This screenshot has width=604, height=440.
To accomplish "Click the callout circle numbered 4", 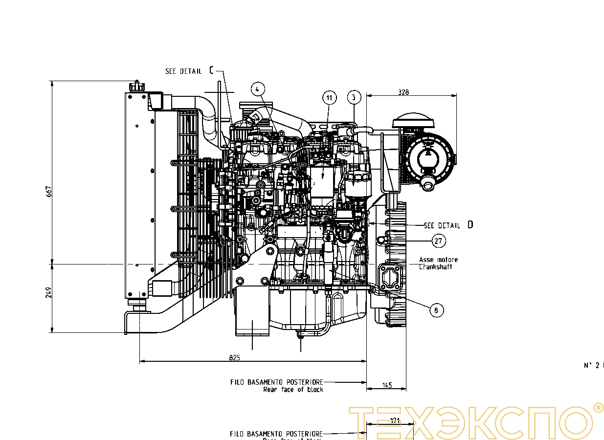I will click(x=258, y=89).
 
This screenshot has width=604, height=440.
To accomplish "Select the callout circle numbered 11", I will click(x=330, y=98).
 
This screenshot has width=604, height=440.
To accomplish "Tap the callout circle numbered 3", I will click(x=354, y=97).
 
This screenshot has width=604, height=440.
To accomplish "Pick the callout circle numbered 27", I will click(x=439, y=241).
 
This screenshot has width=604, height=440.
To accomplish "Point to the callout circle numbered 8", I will click(x=437, y=310).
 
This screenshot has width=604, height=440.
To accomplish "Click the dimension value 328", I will click(x=403, y=91).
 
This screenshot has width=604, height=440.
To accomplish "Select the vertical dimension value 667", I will click(x=48, y=191).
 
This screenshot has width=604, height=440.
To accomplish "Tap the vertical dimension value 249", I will click(x=48, y=292).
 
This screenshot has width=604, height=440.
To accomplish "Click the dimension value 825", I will click(x=234, y=357).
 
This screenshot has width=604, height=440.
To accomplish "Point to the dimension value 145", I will click(x=387, y=385).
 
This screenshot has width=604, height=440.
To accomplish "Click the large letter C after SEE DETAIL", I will click(x=211, y=70).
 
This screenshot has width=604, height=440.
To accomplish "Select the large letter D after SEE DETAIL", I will click(x=470, y=225).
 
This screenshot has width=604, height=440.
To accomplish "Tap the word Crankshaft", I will click(x=435, y=267).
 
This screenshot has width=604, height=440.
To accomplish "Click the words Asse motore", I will click(x=438, y=260).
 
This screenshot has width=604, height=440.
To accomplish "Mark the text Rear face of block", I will click(x=293, y=389).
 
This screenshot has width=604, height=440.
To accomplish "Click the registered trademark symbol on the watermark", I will click(x=598, y=408).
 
